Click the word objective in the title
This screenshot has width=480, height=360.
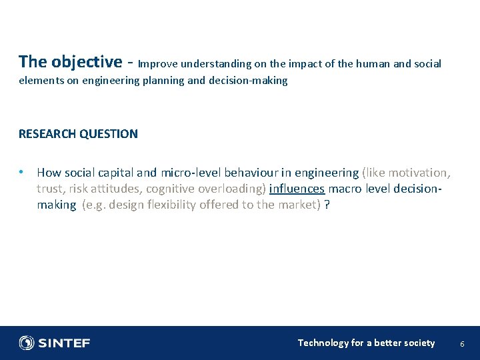click(x=85, y=62)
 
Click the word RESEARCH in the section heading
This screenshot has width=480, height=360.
click(x=47, y=133)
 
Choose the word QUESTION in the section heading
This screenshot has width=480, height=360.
click(x=109, y=133)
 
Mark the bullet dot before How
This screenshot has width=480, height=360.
click(x=22, y=172)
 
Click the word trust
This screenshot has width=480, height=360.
click(x=51, y=189)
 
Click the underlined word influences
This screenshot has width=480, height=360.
click(x=297, y=189)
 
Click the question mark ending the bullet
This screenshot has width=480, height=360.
click(x=327, y=205)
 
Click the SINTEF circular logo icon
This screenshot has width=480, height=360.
click(x=27, y=343)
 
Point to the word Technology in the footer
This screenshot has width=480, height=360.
click(x=323, y=343)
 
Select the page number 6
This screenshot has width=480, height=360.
click(x=463, y=343)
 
